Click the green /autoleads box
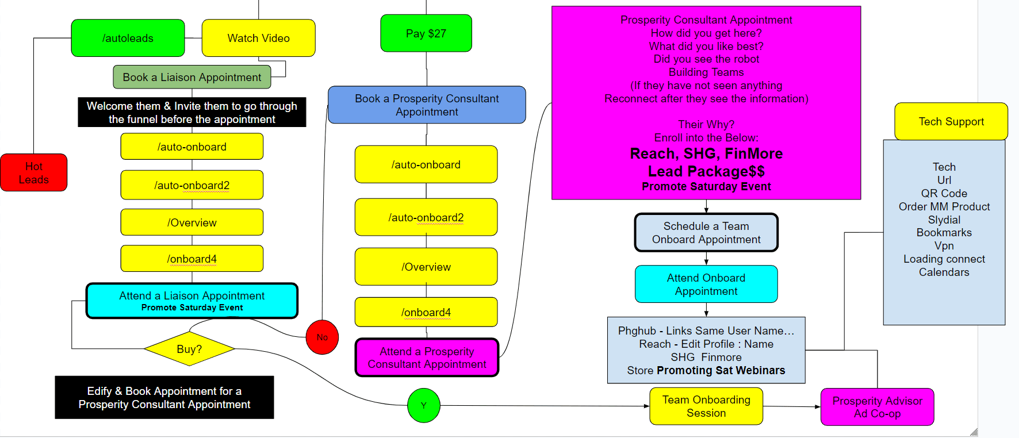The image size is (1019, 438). coord(128,38)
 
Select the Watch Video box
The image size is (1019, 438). coord(258,38)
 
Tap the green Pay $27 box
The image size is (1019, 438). coord(426,33)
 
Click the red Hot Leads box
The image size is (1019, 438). coord(33,172)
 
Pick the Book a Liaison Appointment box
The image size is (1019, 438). coord(191,77)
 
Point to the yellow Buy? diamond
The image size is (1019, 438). coord(189,349)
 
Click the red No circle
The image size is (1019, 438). coord(322,337)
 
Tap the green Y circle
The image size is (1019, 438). coord(424,405)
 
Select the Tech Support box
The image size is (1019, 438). coord(951,121)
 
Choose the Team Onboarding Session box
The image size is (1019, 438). coord(706,406)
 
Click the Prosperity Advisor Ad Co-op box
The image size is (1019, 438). coord(877,407)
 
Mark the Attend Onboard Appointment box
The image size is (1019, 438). coord(706,284)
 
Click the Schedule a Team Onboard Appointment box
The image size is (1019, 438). coord(706,233)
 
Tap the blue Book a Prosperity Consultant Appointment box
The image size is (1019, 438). coord(427,105)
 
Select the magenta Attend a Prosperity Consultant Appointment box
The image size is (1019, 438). coord(427,358)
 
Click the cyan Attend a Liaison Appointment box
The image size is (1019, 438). coord(191,301)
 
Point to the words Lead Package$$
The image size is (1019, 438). coord(706,171)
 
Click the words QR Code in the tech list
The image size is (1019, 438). coord(944,193)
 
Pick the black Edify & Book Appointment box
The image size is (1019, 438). coord(164,397)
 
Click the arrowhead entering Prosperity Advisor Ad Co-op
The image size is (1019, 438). coord(818,407)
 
